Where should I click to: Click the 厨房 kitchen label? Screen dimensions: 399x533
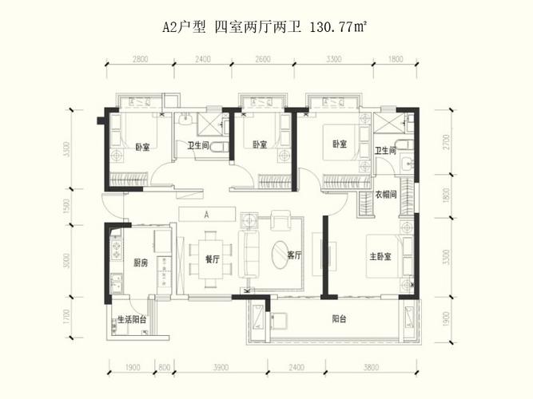(x=139, y=263)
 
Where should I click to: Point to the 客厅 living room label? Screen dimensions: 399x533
(x=293, y=256)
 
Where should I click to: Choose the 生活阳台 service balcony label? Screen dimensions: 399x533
(x=131, y=318)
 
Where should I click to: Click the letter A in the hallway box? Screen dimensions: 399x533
(x=206, y=215)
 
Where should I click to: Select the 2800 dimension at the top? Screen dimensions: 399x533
(x=141, y=59)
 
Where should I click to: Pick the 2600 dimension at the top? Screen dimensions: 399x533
(x=263, y=59)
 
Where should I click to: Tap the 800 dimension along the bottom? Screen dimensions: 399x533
(x=165, y=368)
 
